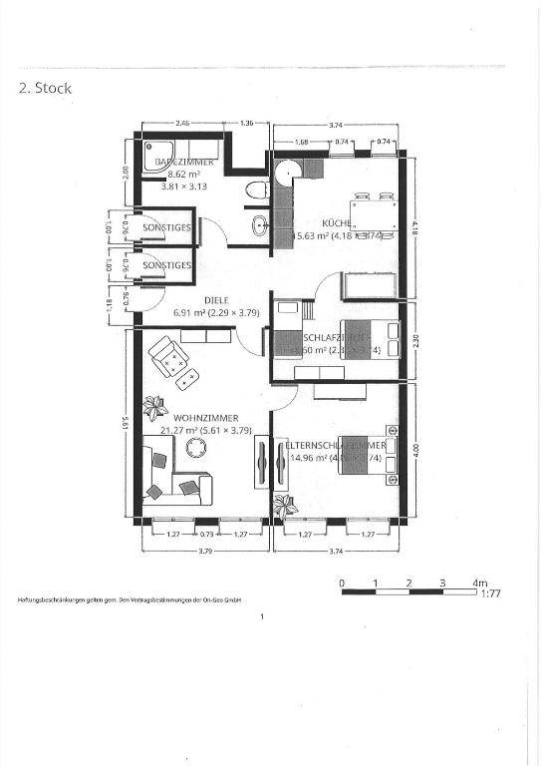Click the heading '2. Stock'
pyautogui.click(x=46, y=88)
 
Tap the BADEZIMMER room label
pyautogui.click(x=182, y=162)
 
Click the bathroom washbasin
pyautogui.click(x=259, y=224)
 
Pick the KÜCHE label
pyautogui.click(x=336, y=222)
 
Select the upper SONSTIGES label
pyautogui.click(x=166, y=228)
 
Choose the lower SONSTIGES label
pyautogui.click(x=166, y=265)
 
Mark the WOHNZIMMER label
pyautogui.click(x=206, y=418)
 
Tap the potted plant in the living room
pyautogui.click(x=154, y=405)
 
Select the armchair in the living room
pyautogui.click(x=166, y=353)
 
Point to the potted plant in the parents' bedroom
pyautogui.click(x=284, y=504)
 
